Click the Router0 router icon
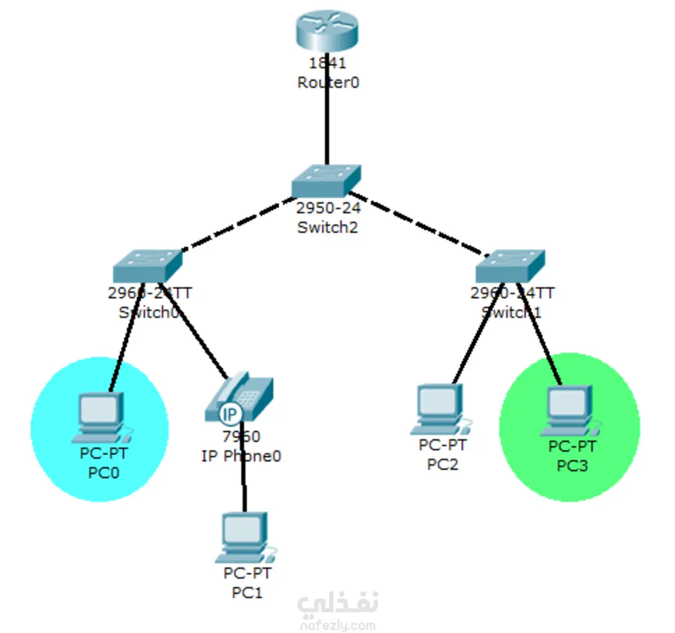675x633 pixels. [x=327, y=31]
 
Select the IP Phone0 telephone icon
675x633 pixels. [x=239, y=398]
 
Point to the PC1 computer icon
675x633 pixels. [x=246, y=538]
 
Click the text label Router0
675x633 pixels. [x=328, y=82]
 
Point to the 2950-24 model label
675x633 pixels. [x=328, y=208]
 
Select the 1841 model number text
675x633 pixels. [x=327, y=63]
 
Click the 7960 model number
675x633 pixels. [x=241, y=436]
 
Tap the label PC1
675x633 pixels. [x=247, y=592]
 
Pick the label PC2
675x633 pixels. [x=443, y=465]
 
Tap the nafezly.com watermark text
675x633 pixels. [x=337, y=625]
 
